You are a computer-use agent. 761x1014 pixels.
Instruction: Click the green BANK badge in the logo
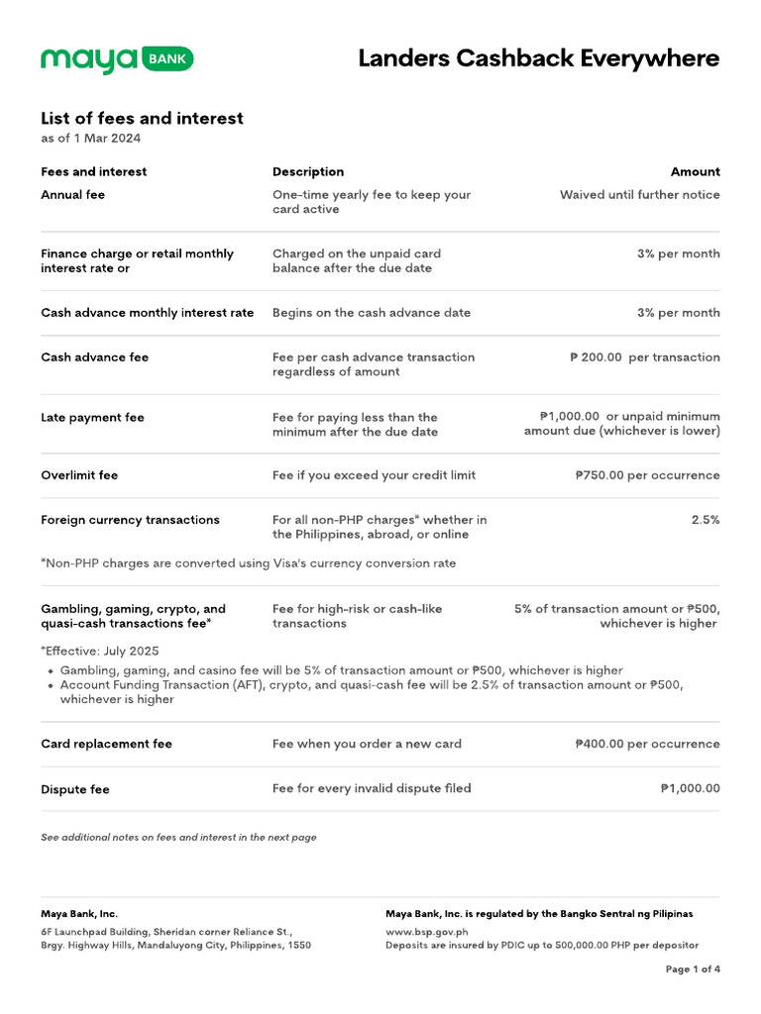click(x=167, y=59)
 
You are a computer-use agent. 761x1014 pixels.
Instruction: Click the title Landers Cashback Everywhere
click(x=538, y=58)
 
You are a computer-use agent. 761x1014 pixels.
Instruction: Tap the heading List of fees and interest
click(x=142, y=119)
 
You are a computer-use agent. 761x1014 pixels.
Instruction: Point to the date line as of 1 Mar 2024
click(x=90, y=139)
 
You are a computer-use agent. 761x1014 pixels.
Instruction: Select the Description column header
click(x=308, y=172)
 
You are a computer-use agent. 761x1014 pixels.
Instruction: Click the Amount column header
click(x=695, y=172)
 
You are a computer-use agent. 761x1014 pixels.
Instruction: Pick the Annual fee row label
click(x=72, y=195)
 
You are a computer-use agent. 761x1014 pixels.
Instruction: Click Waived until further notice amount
click(x=639, y=195)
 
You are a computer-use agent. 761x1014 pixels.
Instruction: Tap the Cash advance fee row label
click(x=95, y=357)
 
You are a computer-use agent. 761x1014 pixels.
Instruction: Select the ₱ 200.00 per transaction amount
click(x=644, y=357)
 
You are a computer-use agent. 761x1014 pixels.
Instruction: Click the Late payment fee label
click(x=92, y=418)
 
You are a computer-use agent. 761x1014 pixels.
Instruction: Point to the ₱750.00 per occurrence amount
click(x=647, y=475)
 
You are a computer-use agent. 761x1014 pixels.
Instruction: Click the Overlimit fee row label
click(x=79, y=475)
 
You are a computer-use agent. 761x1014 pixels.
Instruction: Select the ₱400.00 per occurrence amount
click(x=647, y=745)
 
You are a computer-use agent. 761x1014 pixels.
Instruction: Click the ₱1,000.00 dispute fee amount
click(x=690, y=789)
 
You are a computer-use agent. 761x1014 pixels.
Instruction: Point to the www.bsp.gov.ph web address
click(x=426, y=932)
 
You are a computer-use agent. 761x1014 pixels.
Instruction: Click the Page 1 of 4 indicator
click(x=693, y=969)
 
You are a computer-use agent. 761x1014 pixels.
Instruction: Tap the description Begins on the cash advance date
click(x=372, y=313)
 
